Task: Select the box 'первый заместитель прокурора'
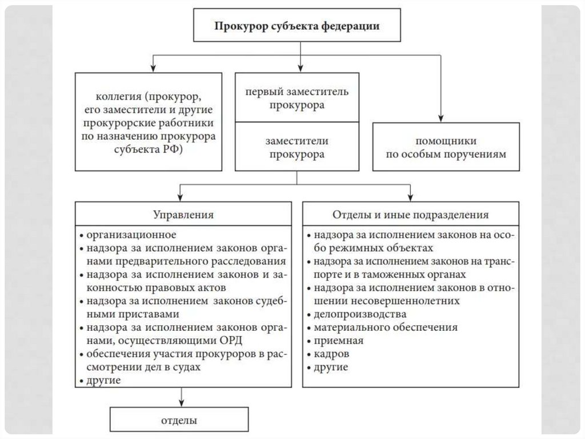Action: click(297, 98)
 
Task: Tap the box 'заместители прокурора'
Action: click(297, 147)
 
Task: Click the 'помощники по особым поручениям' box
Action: click(446, 147)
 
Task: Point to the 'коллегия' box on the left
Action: click(149, 121)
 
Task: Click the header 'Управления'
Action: click(183, 215)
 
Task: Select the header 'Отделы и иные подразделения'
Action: click(410, 215)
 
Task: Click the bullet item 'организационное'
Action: click(131, 235)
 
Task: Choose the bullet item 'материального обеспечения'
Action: click(386, 327)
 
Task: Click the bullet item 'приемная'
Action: click(339, 341)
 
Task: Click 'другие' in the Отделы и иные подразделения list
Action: click(331, 367)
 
